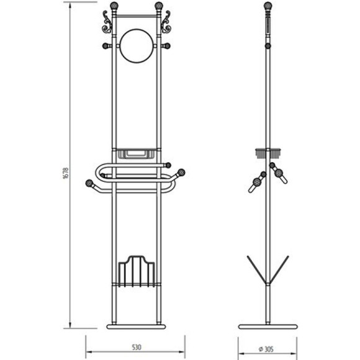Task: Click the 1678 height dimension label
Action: point(65,173)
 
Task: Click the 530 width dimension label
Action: point(137,347)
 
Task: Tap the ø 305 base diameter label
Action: point(266,349)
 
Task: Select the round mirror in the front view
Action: point(137,46)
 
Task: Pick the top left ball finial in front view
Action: point(114,6)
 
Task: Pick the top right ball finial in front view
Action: point(159,6)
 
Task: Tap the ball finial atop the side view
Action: point(268,6)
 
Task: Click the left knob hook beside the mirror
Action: point(107,46)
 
